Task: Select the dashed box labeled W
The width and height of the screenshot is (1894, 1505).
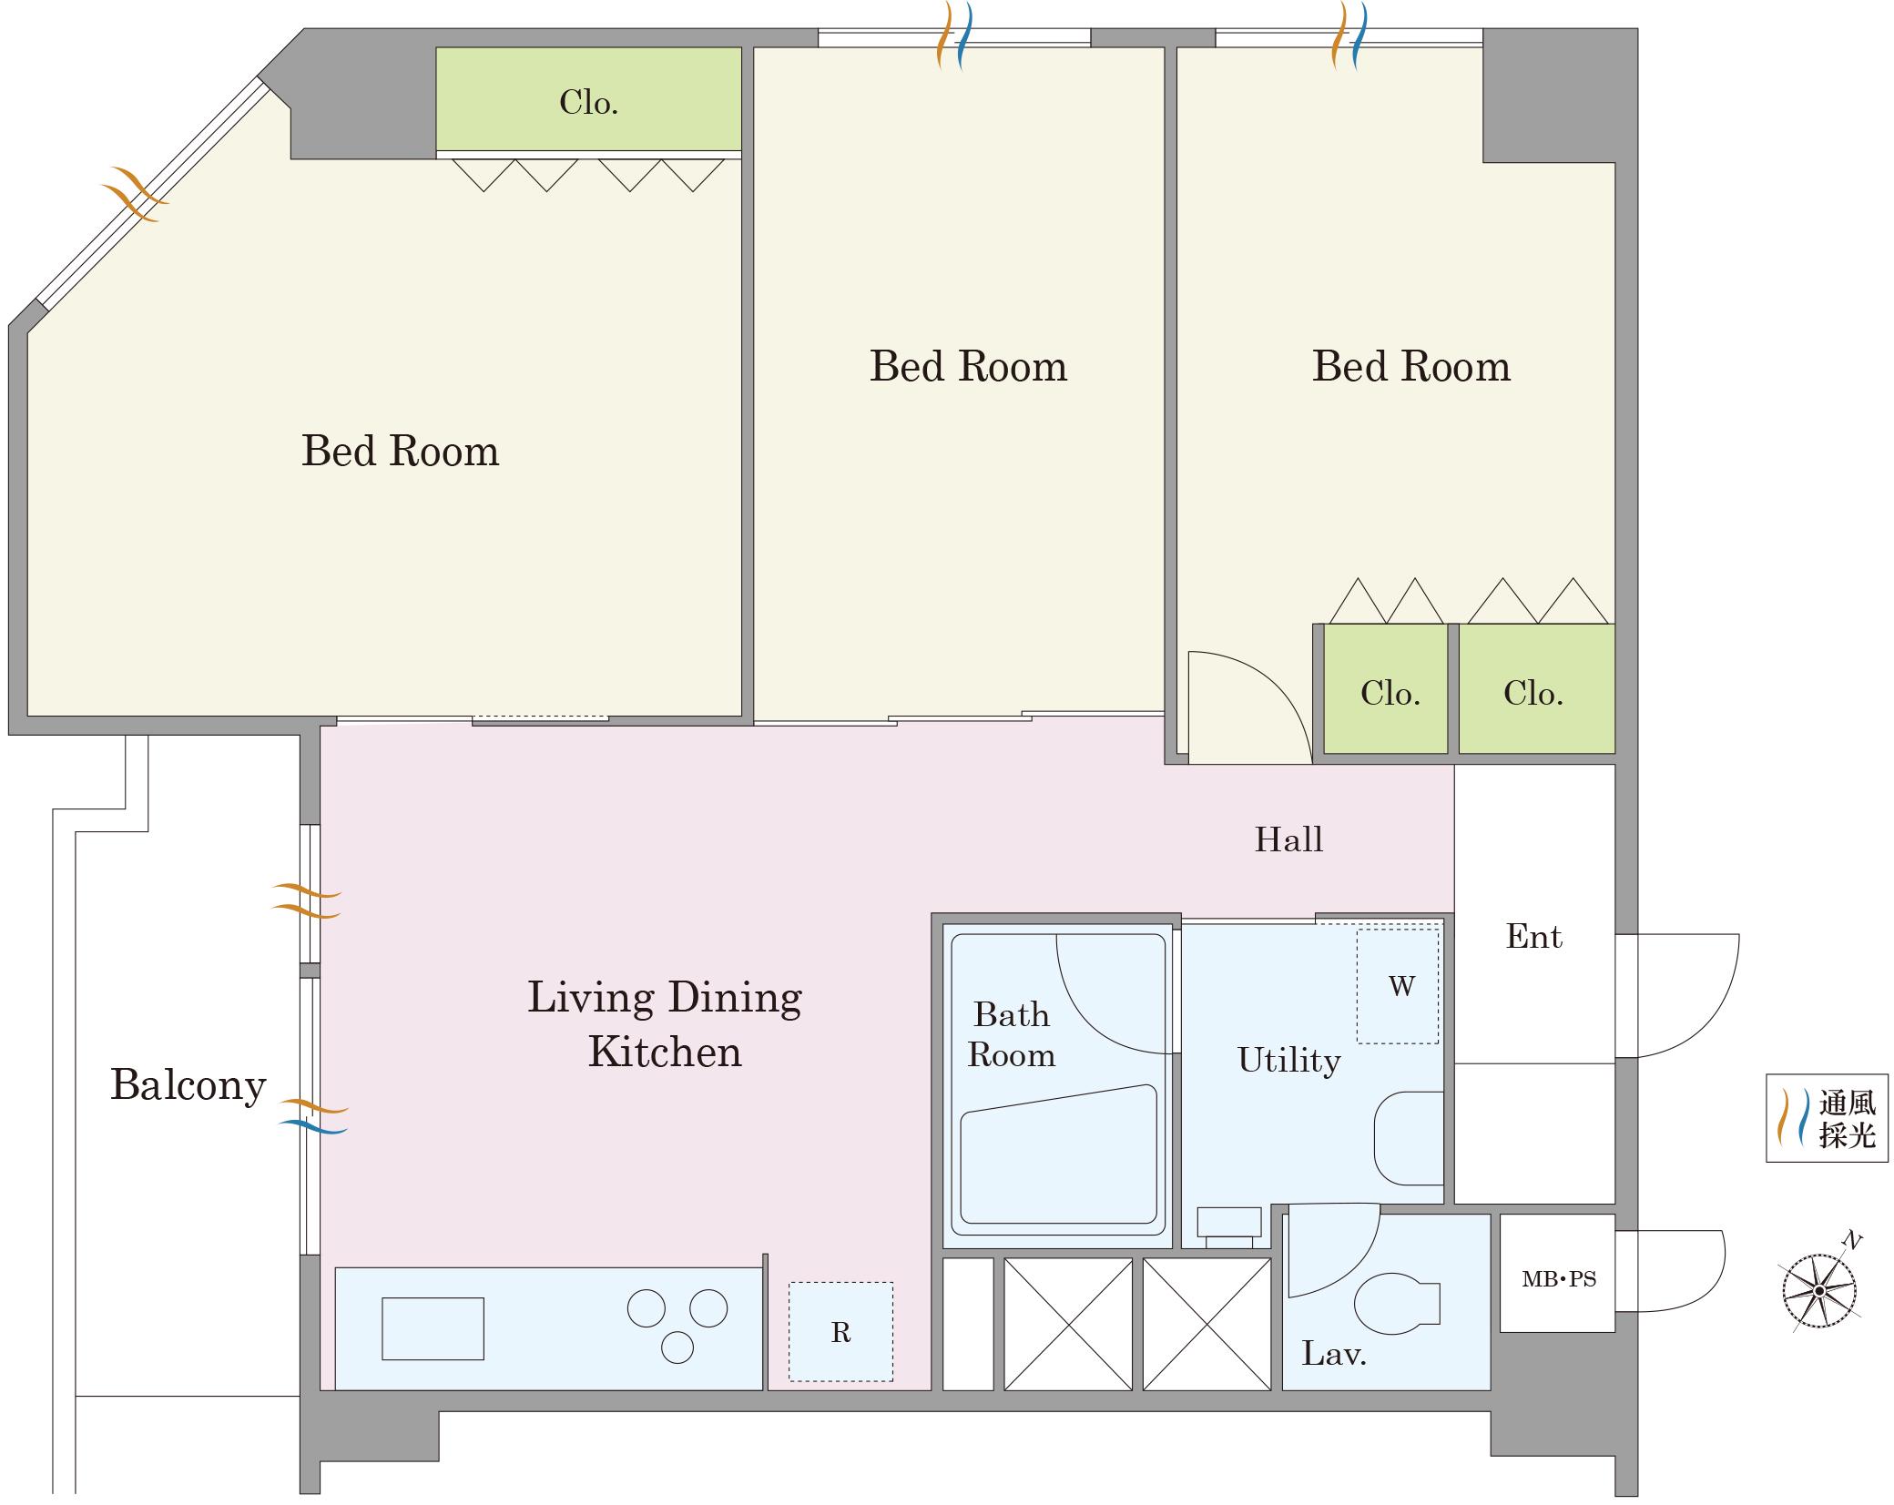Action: click(1398, 986)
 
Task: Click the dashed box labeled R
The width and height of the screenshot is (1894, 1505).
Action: click(840, 1332)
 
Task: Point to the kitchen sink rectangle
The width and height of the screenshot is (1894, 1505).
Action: click(433, 1328)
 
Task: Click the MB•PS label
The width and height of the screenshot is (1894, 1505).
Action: click(1559, 1279)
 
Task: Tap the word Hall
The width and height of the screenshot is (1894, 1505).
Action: click(1288, 839)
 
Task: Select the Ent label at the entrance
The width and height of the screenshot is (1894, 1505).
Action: click(1534, 936)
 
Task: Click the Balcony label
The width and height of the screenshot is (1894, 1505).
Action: click(188, 1084)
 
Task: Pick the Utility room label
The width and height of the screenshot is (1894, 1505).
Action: click(1288, 1060)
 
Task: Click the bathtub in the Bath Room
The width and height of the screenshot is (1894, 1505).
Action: click(1059, 1154)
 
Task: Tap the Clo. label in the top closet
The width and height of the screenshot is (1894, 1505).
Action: click(588, 102)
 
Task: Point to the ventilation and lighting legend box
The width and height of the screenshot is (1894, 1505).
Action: click(1827, 1118)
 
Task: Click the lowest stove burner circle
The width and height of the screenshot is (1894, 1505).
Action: click(677, 1347)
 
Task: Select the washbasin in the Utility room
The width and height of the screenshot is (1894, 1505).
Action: click(1409, 1138)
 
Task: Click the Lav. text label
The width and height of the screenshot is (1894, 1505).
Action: click(1334, 1354)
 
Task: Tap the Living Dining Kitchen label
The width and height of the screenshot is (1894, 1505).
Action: click(665, 1024)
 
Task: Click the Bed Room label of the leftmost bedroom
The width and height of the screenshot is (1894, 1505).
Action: click(400, 451)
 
